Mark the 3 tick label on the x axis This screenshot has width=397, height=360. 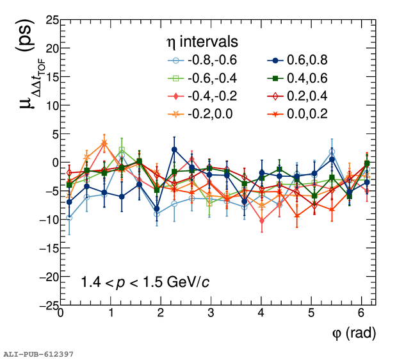(x=211, y=314)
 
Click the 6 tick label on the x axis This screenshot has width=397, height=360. (x=361, y=314)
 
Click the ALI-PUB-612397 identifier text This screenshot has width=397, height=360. (x=38, y=354)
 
